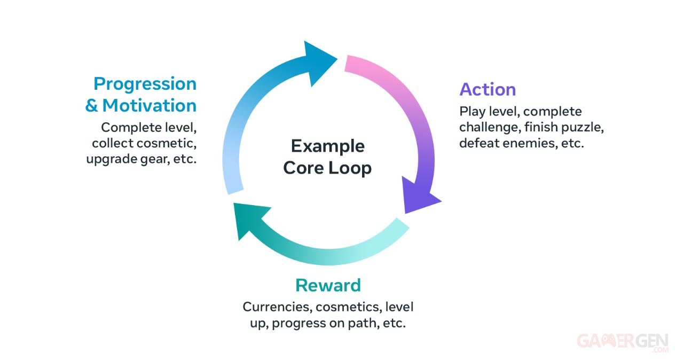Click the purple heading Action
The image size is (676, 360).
point(488,89)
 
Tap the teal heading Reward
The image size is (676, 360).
point(328,285)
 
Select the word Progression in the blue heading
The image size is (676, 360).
point(145,84)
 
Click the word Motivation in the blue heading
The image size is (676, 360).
point(150,105)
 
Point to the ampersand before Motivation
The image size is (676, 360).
point(91,106)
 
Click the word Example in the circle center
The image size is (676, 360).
point(328,146)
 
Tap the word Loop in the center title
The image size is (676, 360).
point(350,168)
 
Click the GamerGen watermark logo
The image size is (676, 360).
point(623,342)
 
